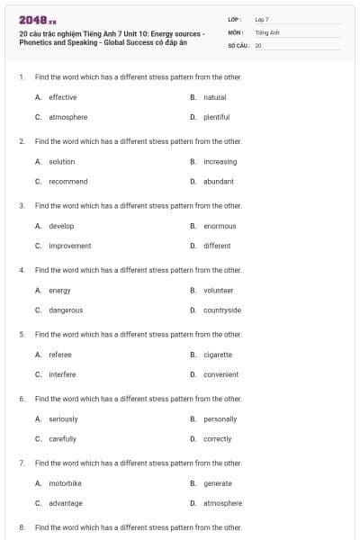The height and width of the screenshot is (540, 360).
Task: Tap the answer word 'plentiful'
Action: click(x=216, y=117)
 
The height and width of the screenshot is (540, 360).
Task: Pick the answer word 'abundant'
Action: click(x=219, y=181)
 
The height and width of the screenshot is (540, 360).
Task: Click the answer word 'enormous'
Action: click(x=220, y=226)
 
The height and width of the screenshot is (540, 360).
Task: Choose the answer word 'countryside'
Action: click(x=221, y=310)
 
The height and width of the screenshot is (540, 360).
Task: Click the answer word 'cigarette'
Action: click(x=218, y=355)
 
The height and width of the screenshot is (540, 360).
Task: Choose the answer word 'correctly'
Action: click(x=217, y=439)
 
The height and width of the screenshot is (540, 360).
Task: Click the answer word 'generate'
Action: click(x=217, y=483)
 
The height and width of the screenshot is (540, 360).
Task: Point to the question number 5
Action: click(x=21, y=334)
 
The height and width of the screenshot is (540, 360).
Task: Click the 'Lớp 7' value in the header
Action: click(x=262, y=19)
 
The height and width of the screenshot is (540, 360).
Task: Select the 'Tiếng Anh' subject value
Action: click(x=267, y=31)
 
